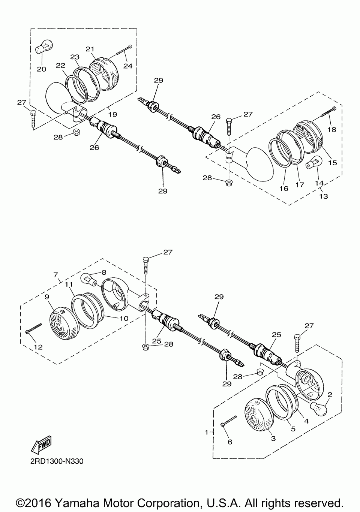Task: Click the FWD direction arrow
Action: [41, 445]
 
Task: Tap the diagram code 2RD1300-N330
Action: [57, 461]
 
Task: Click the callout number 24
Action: [128, 66]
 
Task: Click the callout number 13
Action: [323, 196]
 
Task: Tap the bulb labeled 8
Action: [88, 279]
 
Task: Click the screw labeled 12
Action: [34, 328]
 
